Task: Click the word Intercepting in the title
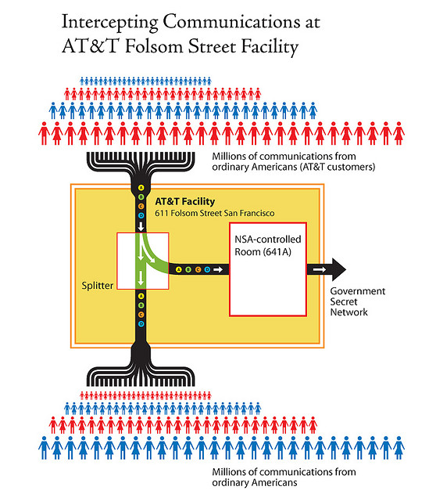(x=109, y=23)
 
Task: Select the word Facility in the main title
(x=270, y=47)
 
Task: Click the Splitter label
(x=97, y=285)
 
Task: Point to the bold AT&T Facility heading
(x=184, y=201)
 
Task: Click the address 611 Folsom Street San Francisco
(x=214, y=213)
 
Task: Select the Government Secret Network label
(x=358, y=301)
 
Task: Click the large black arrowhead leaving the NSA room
(x=338, y=269)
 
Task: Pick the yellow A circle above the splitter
(x=141, y=188)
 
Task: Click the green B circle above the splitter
(x=141, y=197)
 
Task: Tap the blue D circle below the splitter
(x=141, y=324)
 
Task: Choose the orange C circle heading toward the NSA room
(x=198, y=269)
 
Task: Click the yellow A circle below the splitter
(x=141, y=296)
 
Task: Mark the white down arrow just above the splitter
(x=141, y=226)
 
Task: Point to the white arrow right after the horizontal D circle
(x=218, y=269)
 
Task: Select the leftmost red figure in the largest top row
(x=44, y=133)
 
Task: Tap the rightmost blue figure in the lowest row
(x=399, y=448)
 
